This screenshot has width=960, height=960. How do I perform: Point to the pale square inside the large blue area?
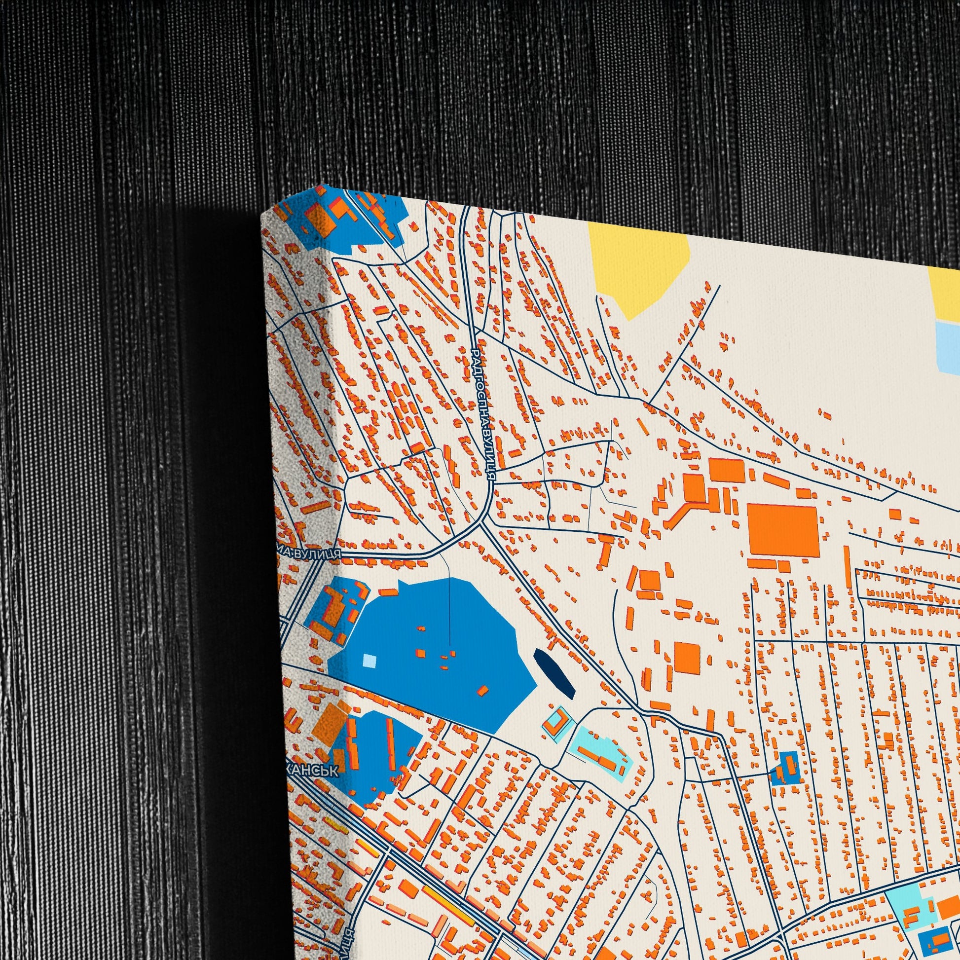click(369, 661)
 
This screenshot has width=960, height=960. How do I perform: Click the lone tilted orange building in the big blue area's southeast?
click(482, 691)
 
